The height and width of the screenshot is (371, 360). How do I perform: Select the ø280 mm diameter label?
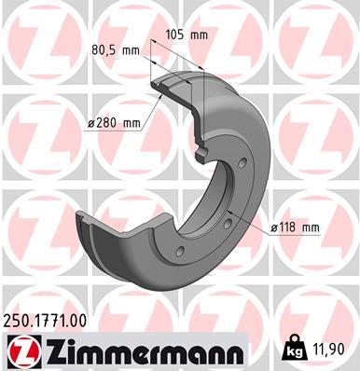point(112,122)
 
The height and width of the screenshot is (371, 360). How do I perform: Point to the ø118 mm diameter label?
point(294,227)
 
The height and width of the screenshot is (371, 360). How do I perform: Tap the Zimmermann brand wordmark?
point(135,351)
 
